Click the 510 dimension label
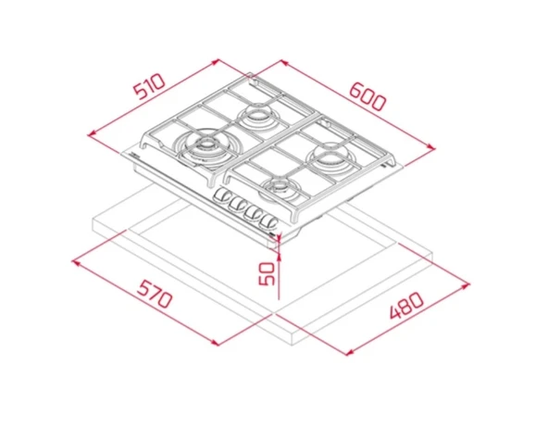(150, 86)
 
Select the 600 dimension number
(368, 96)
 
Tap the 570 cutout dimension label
(155, 295)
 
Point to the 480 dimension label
(406, 306)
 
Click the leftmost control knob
(222, 196)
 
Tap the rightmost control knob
(268, 221)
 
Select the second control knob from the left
(238, 205)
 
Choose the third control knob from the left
(254, 213)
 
